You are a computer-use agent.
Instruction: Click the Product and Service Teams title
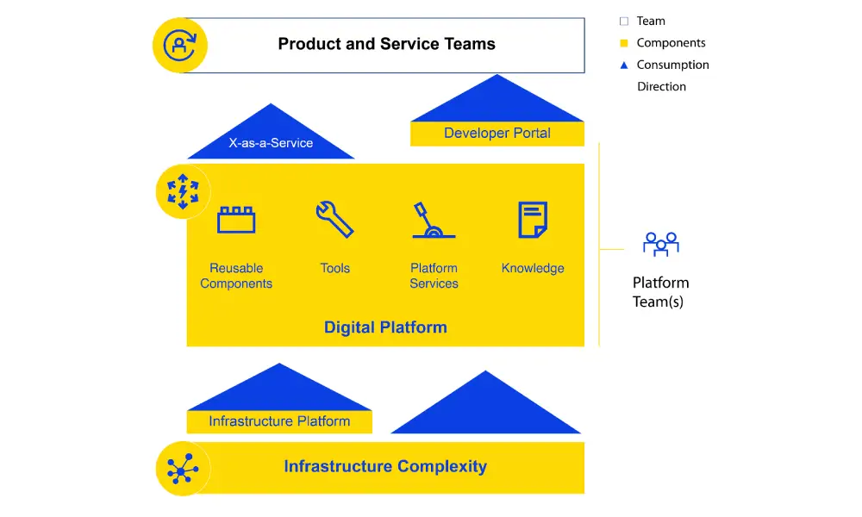(386, 44)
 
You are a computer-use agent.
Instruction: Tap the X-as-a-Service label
(271, 143)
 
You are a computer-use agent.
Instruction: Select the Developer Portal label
(497, 133)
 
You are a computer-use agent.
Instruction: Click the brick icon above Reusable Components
(236, 219)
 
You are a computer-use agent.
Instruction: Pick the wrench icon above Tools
(334, 219)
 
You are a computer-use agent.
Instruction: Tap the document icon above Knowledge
(533, 220)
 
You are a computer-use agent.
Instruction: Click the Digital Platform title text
(385, 327)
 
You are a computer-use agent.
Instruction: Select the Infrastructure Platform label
(279, 421)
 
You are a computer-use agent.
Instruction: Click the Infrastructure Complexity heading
(385, 467)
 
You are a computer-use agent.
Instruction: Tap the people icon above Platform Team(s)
(661, 244)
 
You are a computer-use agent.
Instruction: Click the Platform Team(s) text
(661, 292)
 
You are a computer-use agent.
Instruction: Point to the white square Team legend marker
(624, 22)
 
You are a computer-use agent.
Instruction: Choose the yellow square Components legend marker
(624, 43)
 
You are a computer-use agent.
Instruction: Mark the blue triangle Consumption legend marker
(624, 65)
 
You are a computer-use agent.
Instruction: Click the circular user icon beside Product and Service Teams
(179, 45)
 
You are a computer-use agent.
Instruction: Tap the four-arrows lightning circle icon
(183, 191)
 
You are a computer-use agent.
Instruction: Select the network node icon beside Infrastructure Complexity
(183, 469)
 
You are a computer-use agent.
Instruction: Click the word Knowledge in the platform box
(533, 268)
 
